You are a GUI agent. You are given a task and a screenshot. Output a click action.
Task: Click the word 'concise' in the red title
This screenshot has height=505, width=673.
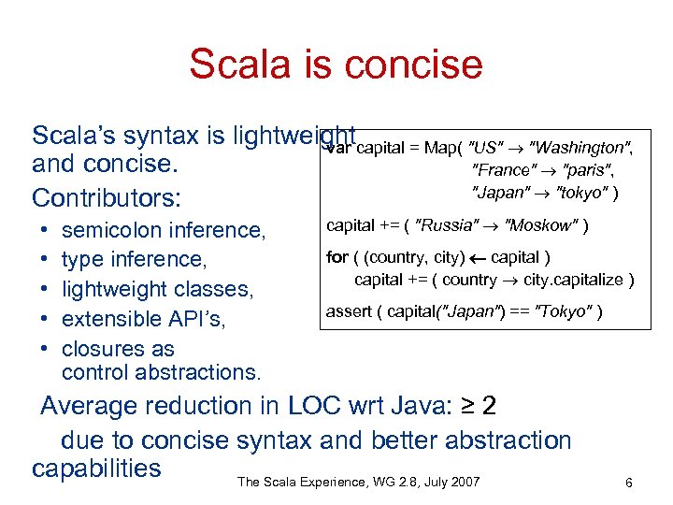tap(413, 64)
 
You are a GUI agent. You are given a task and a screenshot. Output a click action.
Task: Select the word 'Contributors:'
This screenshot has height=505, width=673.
tap(106, 198)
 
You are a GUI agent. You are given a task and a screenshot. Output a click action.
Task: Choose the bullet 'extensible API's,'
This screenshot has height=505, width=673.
tap(141, 319)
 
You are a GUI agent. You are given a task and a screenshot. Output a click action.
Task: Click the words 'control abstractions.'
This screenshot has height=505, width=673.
tap(161, 372)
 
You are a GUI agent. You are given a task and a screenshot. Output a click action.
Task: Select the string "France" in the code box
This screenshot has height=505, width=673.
tap(504, 170)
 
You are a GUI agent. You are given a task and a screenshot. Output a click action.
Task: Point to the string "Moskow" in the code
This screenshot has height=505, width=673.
tap(540, 225)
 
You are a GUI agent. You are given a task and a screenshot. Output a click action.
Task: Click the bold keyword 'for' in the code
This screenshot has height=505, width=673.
tap(336, 257)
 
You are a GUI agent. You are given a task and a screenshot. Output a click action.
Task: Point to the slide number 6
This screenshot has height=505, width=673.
tap(629, 483)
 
